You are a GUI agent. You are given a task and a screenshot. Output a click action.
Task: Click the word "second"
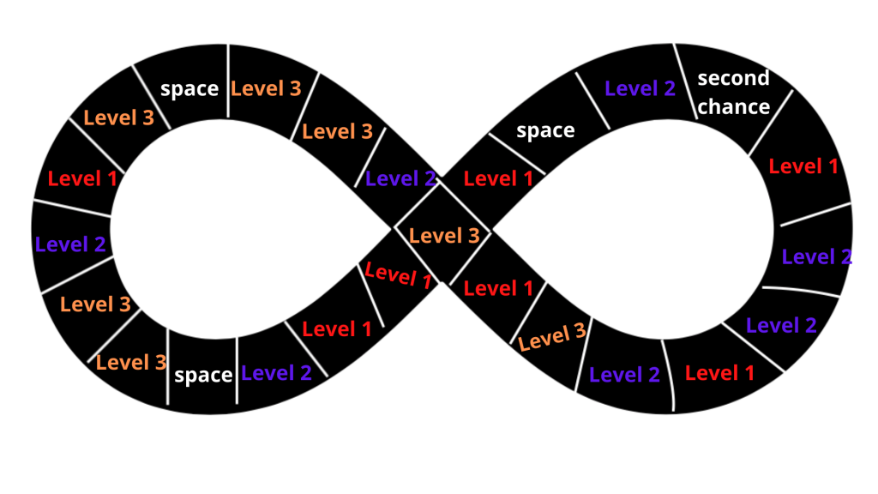[x=733, y=79]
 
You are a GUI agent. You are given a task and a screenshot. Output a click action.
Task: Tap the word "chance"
[x=733, y=106]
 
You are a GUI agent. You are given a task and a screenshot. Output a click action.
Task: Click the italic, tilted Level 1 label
[x=398, y=274]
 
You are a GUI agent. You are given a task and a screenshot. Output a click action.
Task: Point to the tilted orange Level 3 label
[x=553, y=336]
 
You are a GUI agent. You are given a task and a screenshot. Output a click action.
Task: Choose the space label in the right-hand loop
[x=545, y=130]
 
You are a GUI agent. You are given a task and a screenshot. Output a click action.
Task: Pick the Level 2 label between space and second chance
[x=640, y=87]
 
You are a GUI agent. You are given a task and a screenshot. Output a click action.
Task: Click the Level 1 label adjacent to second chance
[x=803, y=166]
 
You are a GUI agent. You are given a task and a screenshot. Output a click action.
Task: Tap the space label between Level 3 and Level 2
[x=203, y=375]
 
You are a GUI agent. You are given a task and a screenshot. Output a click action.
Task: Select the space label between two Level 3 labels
[x=189, y=88]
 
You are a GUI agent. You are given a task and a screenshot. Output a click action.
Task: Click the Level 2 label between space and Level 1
[x=276, y=372]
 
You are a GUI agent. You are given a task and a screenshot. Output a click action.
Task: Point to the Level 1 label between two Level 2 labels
[x=719, y=372]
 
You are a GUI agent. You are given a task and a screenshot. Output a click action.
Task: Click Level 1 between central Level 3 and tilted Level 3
[x=498, y=287]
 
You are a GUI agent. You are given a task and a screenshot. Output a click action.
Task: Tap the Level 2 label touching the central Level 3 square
[x=400, y=179]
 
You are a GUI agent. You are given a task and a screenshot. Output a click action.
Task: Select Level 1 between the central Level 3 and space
[x=498, y=178]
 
